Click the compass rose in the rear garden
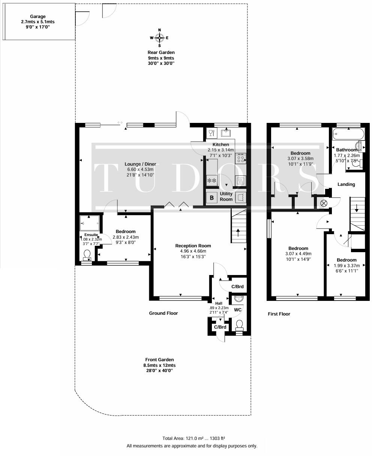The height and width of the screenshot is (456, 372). coord(160,37)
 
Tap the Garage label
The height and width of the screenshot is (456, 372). coord(38,16)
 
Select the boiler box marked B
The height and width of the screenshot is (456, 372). coord(212,197)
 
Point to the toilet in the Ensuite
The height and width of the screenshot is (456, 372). coord(87,255)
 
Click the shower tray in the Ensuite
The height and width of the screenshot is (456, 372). coord(90,223)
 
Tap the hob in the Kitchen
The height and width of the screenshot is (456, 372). coord(240,159)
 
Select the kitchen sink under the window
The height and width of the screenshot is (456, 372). coord(226,133)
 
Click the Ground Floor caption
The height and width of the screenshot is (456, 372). coord(163,313)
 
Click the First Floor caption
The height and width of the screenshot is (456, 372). coord(279,314)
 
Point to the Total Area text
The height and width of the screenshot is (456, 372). coord(193,438)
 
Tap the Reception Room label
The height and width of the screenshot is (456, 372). coord(191,246)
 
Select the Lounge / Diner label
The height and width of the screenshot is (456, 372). coord(140,164)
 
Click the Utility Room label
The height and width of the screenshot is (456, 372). coord(226,197)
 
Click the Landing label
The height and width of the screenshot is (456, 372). coord(346,184)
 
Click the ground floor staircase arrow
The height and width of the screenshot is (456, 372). coord(238,232)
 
